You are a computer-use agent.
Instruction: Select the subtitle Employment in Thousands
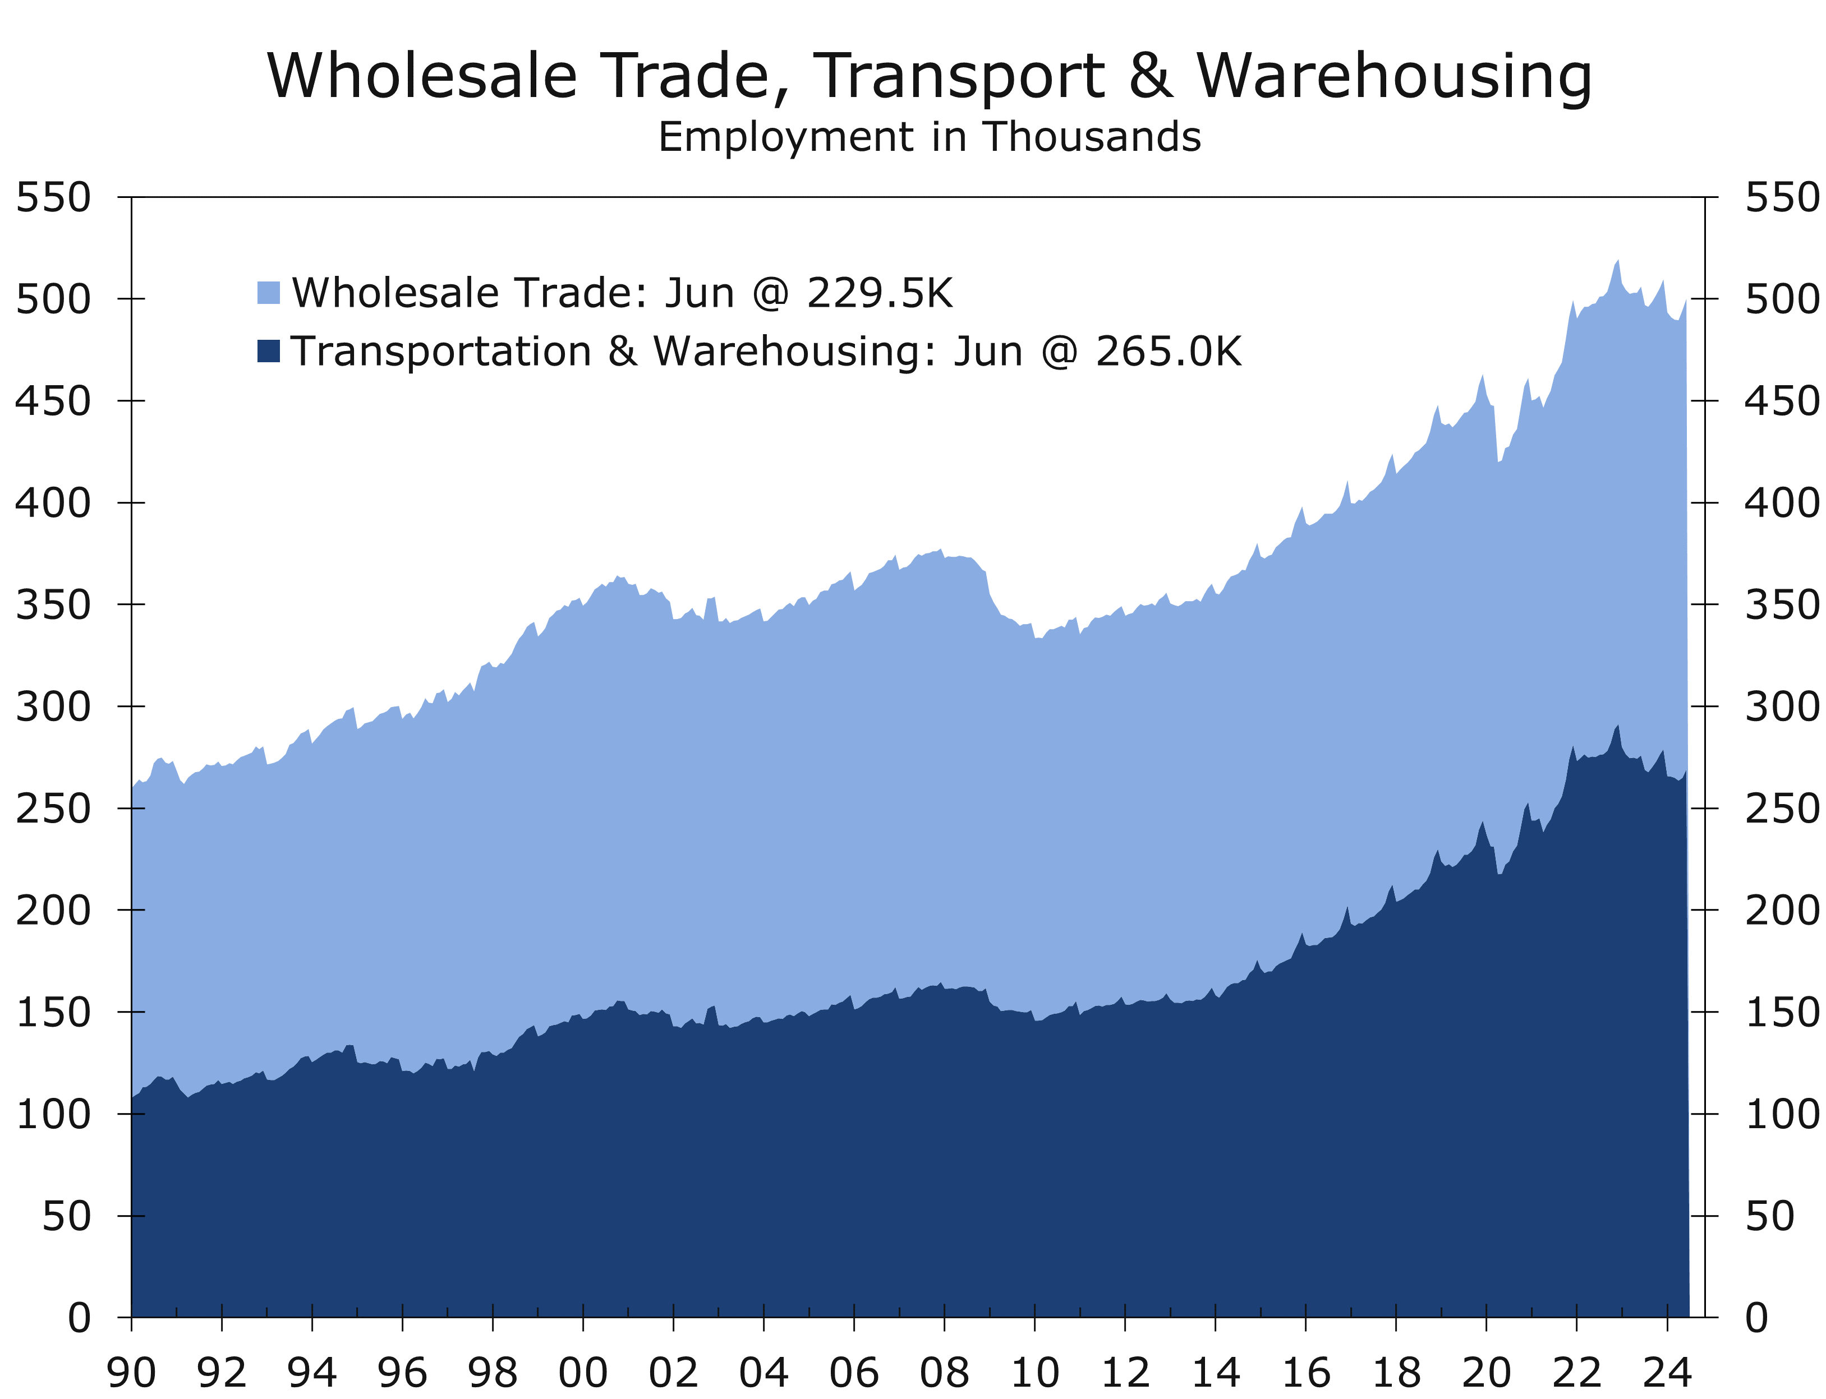[929, 137]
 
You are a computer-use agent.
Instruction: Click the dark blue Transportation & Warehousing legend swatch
[268, 350]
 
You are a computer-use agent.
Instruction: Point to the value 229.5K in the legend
[879, 293]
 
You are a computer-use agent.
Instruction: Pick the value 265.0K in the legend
[1168, 352]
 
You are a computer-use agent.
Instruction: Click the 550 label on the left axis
[53, 198]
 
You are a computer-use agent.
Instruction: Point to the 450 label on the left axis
[53, 401]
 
